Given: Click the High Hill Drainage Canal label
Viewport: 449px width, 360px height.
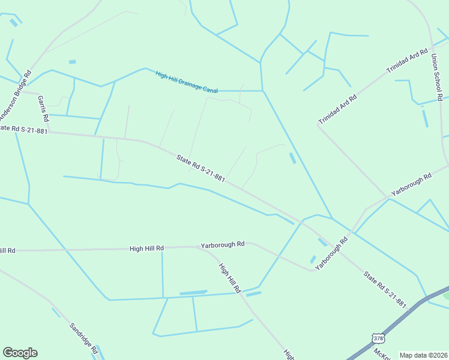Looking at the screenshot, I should pyautogui.click(x=186, y=83).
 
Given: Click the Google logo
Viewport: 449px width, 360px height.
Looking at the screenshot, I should pyautogui.click(x=20, y=353).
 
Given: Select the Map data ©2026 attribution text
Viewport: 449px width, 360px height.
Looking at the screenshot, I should pyautogui.click(x=423, y=355).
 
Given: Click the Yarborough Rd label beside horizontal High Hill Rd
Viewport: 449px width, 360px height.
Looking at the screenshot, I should pyautogui.click(x=223, y=245).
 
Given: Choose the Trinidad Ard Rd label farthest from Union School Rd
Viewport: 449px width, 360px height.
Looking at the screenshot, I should pyautogui.click(x=337, y=109).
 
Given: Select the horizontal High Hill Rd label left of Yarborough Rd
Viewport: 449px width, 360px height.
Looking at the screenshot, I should pyautogui.click(x=146, y=248).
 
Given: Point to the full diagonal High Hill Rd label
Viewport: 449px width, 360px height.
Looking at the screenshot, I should pyautogui.click(x=229, y=278).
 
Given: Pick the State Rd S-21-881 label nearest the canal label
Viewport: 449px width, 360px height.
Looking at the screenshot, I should pyautogui.click(x=200, y=169).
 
